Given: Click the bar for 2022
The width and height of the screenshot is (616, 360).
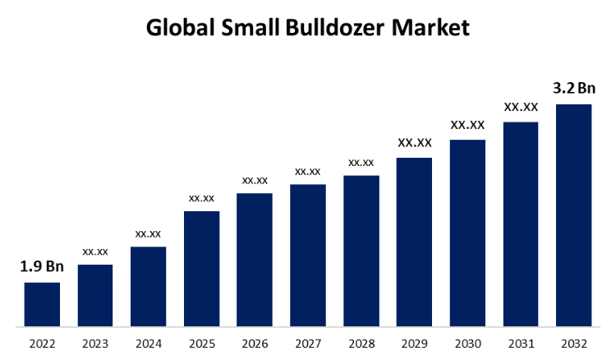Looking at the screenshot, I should point(42,304).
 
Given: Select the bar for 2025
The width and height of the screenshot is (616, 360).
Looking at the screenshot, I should point(201,269).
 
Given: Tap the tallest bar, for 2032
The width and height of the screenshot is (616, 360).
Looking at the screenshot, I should point(574,215).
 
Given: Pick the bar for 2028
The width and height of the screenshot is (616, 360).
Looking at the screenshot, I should point(361,251).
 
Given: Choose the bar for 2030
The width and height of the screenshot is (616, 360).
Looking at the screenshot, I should point(467,233).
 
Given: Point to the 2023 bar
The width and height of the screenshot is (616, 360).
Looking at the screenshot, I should point(95,295).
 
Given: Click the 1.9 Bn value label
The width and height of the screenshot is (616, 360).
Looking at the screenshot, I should point(42,266).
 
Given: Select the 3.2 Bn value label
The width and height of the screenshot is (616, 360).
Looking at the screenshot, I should point(574,88).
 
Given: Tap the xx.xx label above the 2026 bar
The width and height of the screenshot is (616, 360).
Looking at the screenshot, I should point(255,180).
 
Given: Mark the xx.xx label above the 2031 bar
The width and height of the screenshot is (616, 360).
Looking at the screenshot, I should point(521,107).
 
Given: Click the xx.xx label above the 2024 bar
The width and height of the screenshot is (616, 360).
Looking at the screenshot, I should point(148,233).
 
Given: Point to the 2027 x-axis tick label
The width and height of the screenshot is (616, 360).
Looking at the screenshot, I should point(308,343).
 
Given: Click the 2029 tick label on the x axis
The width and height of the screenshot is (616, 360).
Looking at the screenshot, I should point(414,343).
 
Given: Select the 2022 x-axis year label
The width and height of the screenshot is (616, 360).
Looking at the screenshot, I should point(42,343).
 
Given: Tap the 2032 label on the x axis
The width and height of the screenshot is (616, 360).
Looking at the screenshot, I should point(574,343).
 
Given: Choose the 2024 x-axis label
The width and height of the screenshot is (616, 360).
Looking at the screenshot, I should point(148,343).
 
